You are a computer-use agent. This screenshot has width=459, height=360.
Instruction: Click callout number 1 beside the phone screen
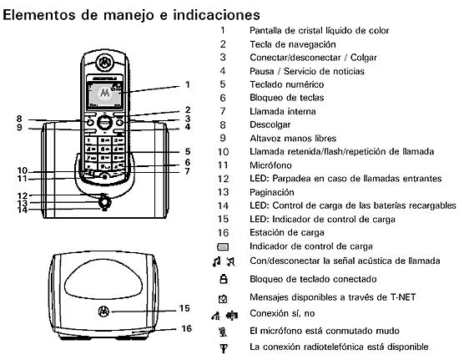[188, 84]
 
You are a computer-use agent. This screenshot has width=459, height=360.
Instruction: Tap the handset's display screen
[104, 94]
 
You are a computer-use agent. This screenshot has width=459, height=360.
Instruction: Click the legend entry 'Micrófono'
[271, 165]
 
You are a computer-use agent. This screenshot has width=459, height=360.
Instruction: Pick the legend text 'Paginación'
[274, 191]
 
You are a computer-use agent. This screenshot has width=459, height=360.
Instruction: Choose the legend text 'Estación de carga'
[286, 232]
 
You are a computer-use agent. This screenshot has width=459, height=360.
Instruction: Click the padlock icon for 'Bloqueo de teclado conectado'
[223, 278]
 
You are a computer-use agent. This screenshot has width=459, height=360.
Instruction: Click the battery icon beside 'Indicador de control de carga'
[223, 247]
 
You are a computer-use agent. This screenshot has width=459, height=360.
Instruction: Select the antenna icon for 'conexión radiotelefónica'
[223, 346]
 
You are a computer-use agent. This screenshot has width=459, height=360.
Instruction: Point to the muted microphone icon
[223, 331]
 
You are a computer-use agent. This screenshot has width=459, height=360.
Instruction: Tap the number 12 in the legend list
[223, 178]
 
